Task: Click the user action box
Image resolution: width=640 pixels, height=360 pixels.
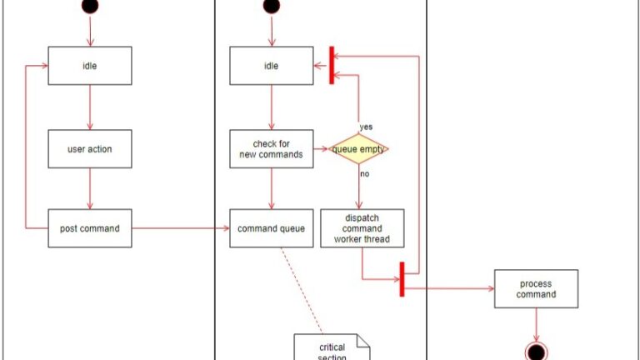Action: click(89, 149)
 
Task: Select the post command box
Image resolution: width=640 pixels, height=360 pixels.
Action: click(89, 228)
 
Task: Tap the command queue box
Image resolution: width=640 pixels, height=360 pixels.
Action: click(271, 228)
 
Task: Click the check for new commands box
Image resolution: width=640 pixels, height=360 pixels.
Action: click(271, 149)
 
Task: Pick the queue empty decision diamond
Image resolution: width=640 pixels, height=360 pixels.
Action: click(360, 149)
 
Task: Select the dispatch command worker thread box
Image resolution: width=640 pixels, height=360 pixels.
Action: click(362, 228)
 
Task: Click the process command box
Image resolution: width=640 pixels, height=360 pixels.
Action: click(536, 288)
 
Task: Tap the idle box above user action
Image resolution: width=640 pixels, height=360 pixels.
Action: click(89, 66)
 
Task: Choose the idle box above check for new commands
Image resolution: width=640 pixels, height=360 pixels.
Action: click(271, 66)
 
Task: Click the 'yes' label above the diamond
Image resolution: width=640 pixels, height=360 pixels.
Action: click(366, 127)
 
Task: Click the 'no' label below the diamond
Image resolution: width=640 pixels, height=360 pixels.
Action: click(364, 174)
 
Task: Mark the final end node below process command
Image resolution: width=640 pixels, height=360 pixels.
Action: click(536, 351)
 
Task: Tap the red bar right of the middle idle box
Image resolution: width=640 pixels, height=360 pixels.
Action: click(332, 65)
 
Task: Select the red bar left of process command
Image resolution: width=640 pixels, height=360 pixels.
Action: click(402, 278)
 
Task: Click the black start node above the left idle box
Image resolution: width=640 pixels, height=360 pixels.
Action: click(90, 6)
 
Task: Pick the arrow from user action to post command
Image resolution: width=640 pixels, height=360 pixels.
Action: click(89, 188)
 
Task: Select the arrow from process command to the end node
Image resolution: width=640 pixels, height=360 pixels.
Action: click(536, 323)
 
